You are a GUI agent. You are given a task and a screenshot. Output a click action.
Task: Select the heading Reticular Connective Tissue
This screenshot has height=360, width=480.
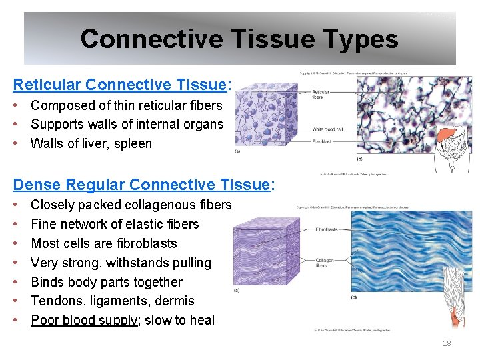click(120, 85)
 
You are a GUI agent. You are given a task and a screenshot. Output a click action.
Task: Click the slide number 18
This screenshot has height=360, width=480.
click(447, 343)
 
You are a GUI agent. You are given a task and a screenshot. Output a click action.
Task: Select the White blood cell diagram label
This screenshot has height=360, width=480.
click(327, 129)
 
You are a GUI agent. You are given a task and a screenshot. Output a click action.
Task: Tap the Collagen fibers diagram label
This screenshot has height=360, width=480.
click(325, 263)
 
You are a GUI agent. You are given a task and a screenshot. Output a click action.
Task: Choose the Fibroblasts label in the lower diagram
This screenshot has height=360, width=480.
click(326, 229)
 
